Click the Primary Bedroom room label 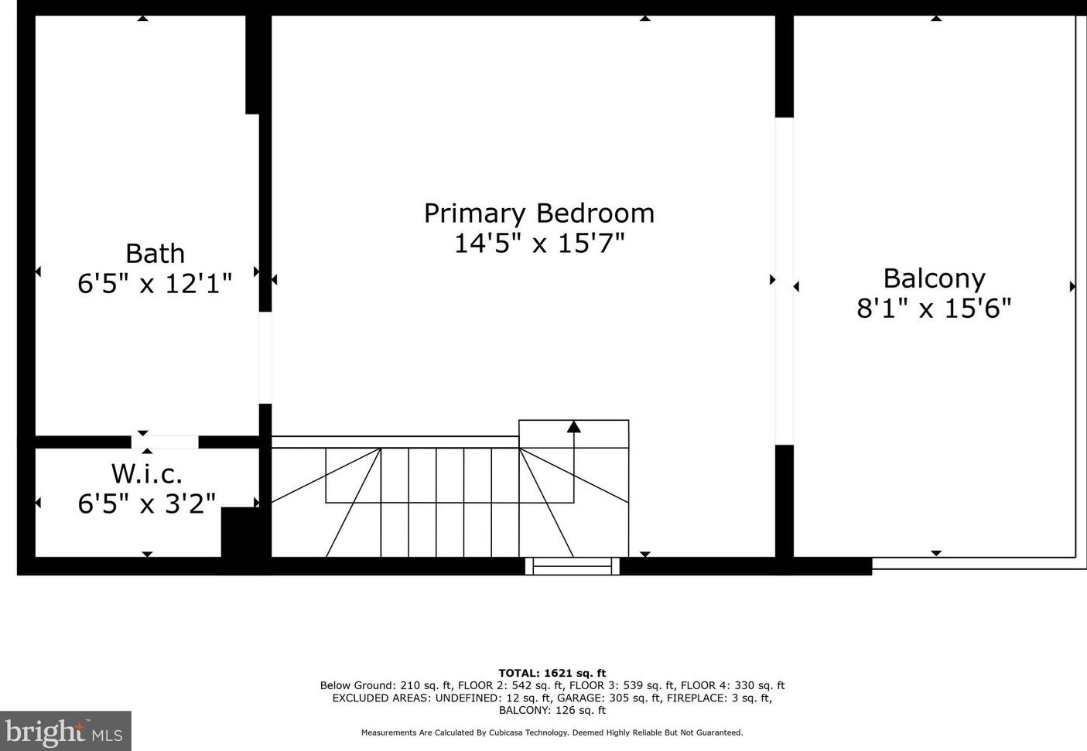pyautogui.click(x=538, y=213)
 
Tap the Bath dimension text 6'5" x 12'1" pyautogui.click(x=155, y=284)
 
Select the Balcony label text pyautogui.click(x=934, y=278)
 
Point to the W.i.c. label pyautogui.click(x=147, y=473)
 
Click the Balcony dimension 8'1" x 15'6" pyautogui.click(x=934, y=309)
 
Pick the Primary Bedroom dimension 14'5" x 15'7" pyautogui.click(x=538, y=244)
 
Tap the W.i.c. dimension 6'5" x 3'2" pyautogui.click(x=147, y=504)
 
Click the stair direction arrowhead pyautogui.click(x=573, y=426)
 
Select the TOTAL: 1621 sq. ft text pyautogui.click(x=552, y=673)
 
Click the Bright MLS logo pyautogui.click(x=65, y=732)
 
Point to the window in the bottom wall pyautogui.click(x=573, y=566)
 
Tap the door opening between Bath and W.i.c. pyautogui.click(x=165, y=442)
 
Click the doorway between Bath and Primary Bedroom pyautogui.click(x=265, y=357)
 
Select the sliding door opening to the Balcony pyautogui.click(x=784, y=281)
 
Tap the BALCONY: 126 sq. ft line pyautogui.click(x=552, y=710)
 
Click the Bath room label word pyautogui.click(x=155, y=254)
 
